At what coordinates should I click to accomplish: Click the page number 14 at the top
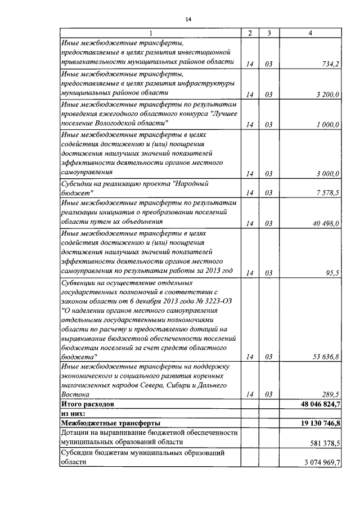[x=188, y=20]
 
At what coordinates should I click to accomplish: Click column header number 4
[x=311, y=33]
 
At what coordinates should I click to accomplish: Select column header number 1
[x=150, y=33]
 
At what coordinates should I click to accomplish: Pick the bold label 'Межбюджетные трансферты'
[x=110, y=423]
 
